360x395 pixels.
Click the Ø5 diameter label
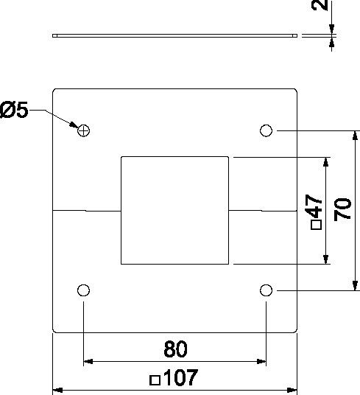click(14, 110)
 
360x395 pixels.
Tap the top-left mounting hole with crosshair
click(83, 130)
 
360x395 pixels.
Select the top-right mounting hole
click(266, 130)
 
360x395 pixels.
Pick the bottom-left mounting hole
click(83, 290)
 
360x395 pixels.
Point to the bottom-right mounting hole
click(266, 290)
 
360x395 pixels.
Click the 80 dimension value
click(176, 349)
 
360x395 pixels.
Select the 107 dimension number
click(180, 377)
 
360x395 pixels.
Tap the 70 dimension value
click(342, 209)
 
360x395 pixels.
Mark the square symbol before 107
click(155, 380)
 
